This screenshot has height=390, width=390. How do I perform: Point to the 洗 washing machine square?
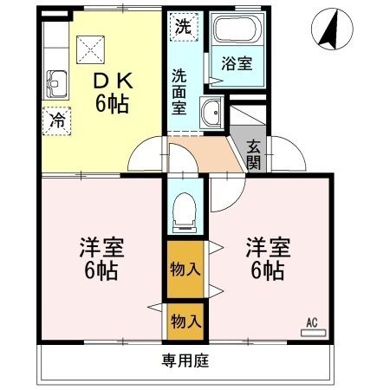click(183, 26)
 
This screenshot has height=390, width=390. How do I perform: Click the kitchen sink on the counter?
click(56, 85)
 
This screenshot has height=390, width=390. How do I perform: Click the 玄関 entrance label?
click(254, 153)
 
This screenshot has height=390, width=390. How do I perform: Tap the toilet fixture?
click(184, 212)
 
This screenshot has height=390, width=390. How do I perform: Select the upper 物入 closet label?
click(184, 268)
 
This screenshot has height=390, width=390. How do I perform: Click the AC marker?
click(311, 323)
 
